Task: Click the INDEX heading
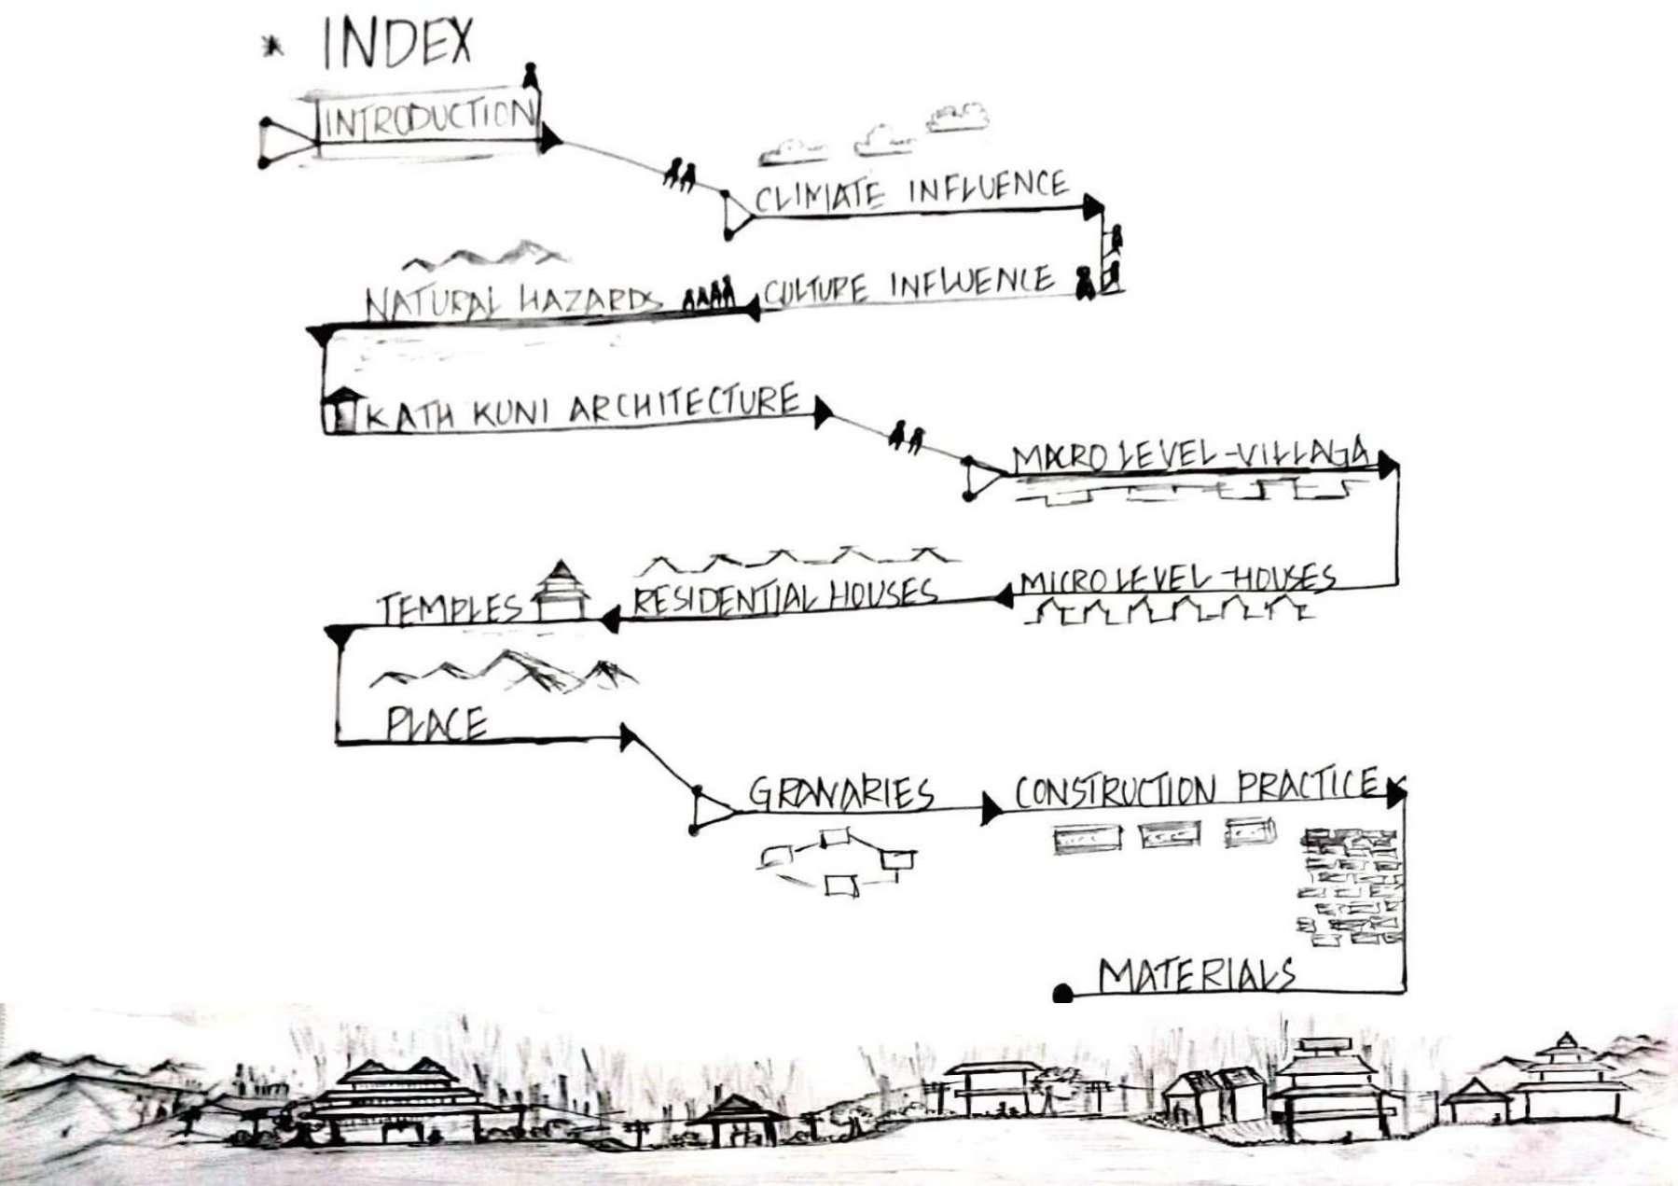[397, 44]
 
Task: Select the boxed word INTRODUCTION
[428, 119]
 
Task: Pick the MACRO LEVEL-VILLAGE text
[1192, 455]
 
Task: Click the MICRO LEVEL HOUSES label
[1177, 579]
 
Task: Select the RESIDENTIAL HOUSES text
[784, 596]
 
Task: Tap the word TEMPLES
[449, 608]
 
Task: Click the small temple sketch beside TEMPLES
[561, 591]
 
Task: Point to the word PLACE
[437, 724]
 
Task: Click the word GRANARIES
[840, 793]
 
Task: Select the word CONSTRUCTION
[1115, 791]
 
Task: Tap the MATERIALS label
[1197, 976]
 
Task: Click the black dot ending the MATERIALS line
[1062, 994]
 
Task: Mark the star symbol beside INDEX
[272, 45]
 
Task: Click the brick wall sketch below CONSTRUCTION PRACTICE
[1350, 886]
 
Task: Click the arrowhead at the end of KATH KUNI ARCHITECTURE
[822, 412]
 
